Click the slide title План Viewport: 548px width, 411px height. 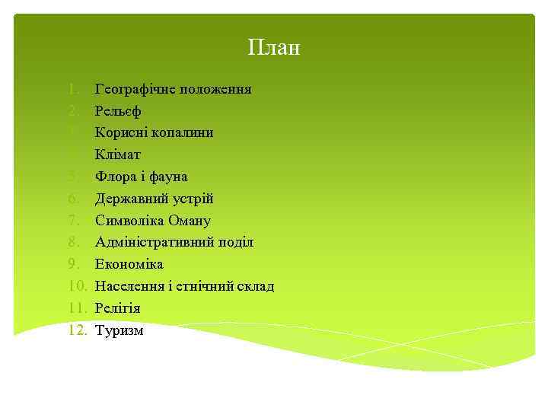click(274, 49)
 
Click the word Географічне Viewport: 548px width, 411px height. click(135, 90)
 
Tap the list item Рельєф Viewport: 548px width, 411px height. click(117, 111)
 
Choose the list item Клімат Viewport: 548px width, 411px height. click(118, 155)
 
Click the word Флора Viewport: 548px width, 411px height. click(114, 177)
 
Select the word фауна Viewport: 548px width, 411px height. click(170, 177)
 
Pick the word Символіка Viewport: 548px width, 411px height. click(129, 221)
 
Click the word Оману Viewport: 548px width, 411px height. click(190, 221)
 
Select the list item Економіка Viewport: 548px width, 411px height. click(129, 264)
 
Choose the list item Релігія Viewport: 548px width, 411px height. click(117, 308)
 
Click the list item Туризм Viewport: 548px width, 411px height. click(119, 330)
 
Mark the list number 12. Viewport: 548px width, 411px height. click(79, 330)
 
